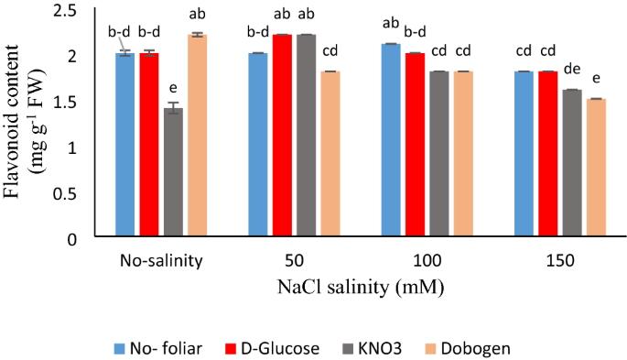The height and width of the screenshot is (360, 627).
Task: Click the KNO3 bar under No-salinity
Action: (172, 174)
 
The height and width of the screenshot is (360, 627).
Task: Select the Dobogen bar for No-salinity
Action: (196, 137)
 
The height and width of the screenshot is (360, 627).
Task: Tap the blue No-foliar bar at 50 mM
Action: (257, 147)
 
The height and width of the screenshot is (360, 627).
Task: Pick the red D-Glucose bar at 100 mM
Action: (414, 147)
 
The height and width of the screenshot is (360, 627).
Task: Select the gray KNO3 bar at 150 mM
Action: (572, 164)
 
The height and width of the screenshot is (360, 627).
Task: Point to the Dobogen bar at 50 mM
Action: (329, 155)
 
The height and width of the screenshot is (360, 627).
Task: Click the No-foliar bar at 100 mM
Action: (390, 141)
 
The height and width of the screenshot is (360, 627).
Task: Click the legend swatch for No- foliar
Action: (119, 347)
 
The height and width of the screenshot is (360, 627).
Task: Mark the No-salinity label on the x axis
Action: (160, 261)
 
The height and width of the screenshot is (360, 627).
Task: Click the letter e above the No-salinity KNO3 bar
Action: (172, 89)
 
